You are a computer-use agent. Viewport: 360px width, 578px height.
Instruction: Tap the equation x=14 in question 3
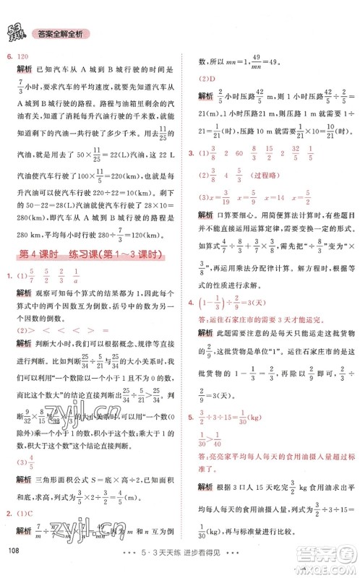pyautogui.click(x=278, y=196)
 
